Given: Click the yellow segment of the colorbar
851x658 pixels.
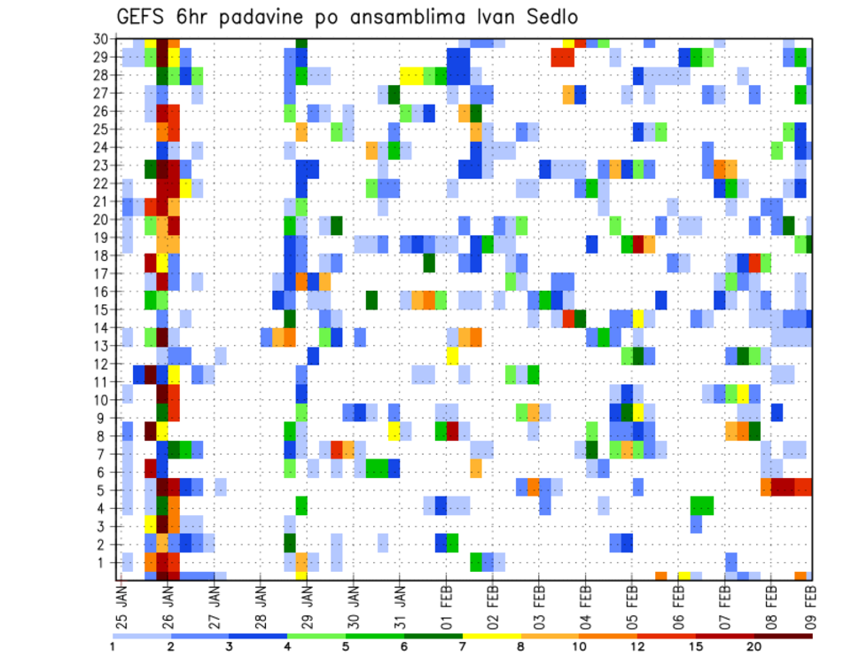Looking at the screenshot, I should tap(492, 635).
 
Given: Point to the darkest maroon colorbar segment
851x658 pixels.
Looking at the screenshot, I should tap(784, 635).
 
